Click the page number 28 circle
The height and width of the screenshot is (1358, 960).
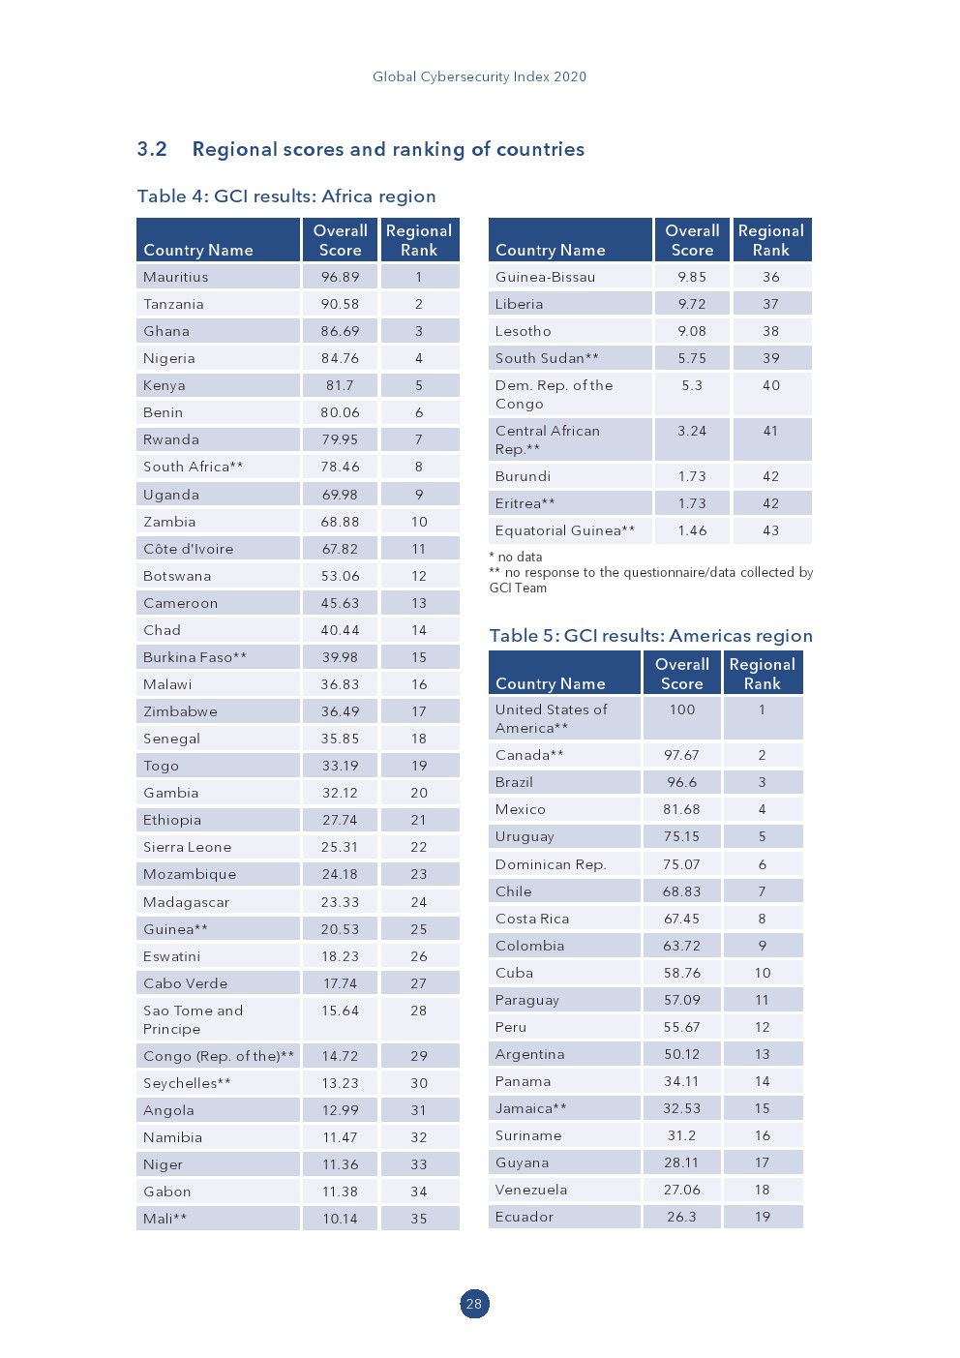(474, 1304)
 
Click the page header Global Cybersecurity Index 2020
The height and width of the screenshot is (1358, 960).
(479, 76)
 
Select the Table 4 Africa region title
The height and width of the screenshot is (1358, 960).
(286, 196)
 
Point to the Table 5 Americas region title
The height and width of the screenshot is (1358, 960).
(650, 636)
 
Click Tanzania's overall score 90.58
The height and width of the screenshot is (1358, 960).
(340, 304)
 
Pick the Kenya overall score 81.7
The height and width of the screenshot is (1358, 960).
(340, 385)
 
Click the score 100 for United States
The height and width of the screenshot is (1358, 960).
(682, 709)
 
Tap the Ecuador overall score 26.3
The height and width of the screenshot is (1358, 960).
(681, 1217)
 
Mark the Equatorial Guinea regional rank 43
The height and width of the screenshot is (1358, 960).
(770, 530)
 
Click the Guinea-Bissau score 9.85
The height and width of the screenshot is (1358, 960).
(692, 277)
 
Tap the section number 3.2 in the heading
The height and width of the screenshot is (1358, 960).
(152, 149)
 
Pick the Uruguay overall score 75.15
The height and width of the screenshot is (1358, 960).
(681, 836)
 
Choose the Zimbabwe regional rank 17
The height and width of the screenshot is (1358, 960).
(419, 711)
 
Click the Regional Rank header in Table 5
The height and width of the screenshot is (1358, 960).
(763, 674)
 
